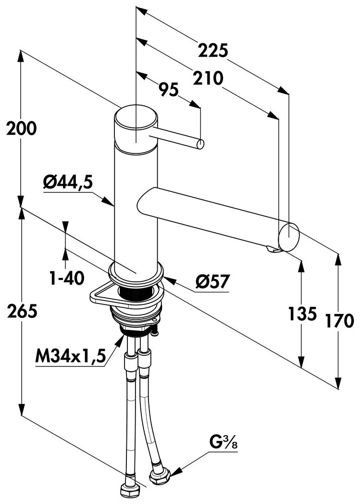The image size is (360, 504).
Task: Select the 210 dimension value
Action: (x=208, y=78)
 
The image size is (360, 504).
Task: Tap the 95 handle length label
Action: (x=169, y=89)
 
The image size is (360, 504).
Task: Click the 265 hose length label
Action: (x=22, y=311)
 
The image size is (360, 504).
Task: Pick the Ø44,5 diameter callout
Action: (x=68, y=183)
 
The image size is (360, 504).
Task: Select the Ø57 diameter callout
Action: (x=213, y=282)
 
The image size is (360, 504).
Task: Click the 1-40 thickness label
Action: (x=67, y=277)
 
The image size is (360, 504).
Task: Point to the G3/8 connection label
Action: (x=224, y=442)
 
